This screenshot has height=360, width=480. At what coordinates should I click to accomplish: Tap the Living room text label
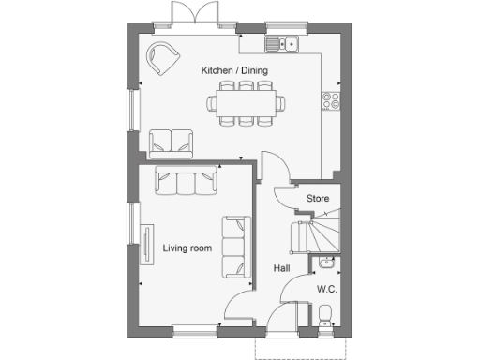click(187, 248)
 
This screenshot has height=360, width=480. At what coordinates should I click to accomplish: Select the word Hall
click(281, 269)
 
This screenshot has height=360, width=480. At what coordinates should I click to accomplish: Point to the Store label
click(318, 199)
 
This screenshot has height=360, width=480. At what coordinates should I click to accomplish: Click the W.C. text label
click(327, 288)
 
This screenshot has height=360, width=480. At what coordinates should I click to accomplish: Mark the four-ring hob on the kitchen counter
click(330, 98)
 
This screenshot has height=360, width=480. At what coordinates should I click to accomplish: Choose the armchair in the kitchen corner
click(164, 59)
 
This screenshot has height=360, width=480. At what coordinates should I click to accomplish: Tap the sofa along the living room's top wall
click(186, 181)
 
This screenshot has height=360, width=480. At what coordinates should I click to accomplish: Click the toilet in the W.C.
click(325, 315)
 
